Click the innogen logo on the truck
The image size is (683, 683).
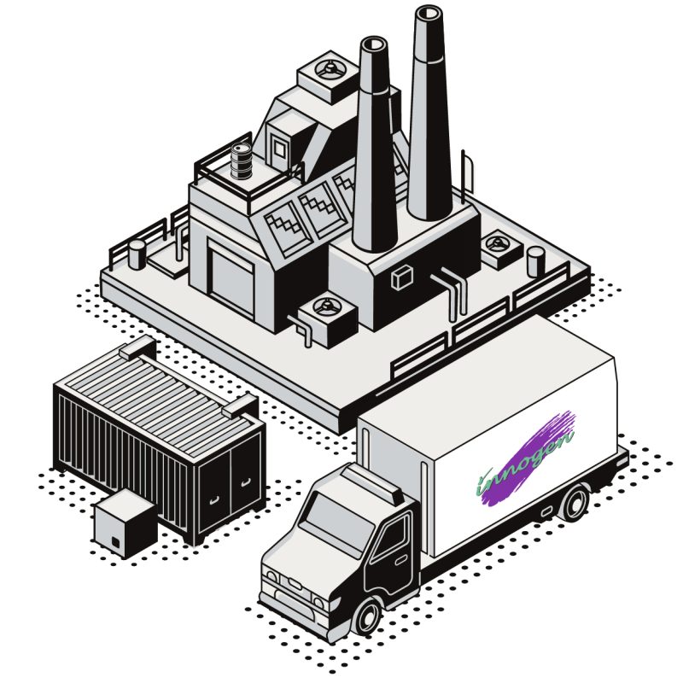point(526,459)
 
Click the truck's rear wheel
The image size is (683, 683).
point(575,502)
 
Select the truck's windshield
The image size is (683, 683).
point(336,522)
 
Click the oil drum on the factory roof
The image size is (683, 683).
point(241,161)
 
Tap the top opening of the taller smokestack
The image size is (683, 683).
point(429,12)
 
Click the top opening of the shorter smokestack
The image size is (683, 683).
point(374,44)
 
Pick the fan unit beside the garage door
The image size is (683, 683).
point(328,318)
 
